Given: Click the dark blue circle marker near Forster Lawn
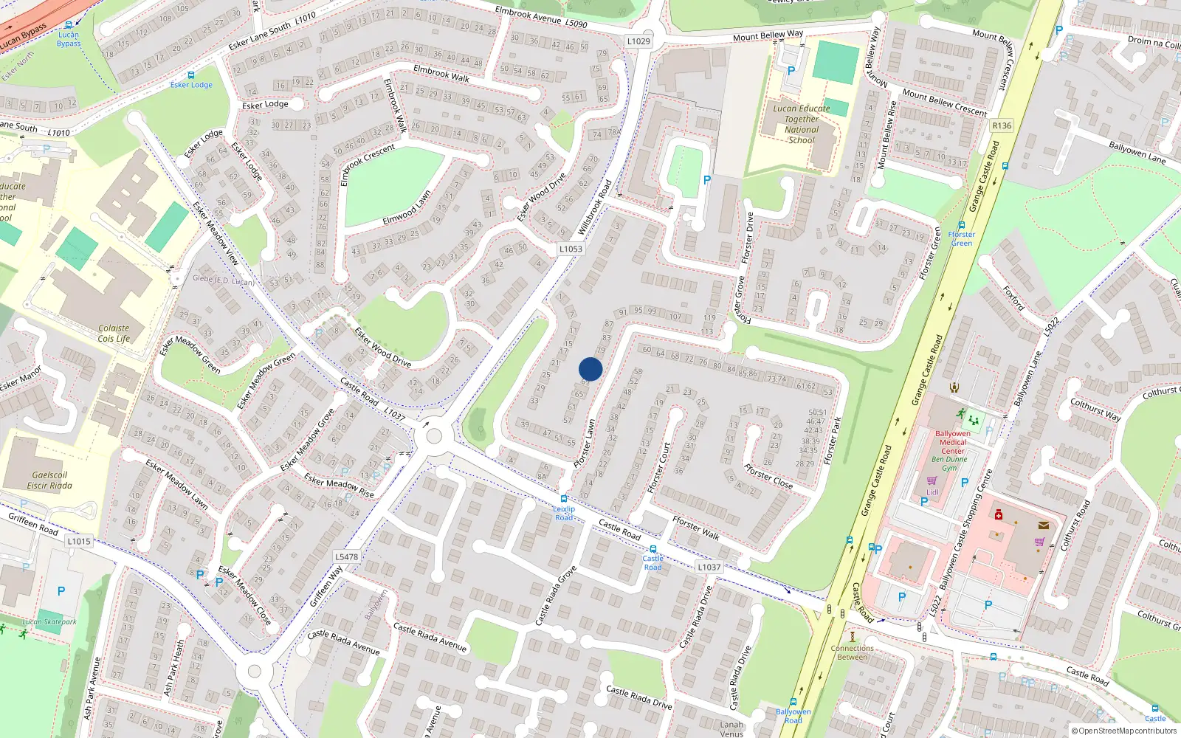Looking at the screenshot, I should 590,369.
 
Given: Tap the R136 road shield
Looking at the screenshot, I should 1002,125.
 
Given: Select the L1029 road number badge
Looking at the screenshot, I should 638,41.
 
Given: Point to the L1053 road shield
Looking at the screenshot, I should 571,249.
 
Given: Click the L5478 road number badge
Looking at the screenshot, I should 346,557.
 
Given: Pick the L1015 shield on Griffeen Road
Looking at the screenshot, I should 79,541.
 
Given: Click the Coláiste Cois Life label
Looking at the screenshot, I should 114,334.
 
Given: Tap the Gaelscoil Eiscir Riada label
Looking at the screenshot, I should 49,480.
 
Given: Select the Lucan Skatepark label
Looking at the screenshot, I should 49,621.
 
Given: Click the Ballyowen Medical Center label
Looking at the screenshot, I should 952,442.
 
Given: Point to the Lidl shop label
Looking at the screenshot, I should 932,492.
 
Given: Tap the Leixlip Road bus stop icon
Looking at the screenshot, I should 564,499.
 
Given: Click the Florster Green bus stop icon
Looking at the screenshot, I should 961,225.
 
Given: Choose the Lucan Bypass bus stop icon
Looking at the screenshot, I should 69,25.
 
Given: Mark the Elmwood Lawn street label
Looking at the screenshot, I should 407,209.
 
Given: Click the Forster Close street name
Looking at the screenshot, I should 768,476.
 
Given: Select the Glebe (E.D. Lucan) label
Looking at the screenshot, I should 223,280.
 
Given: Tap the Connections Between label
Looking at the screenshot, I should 853,652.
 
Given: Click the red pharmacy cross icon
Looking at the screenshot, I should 998,514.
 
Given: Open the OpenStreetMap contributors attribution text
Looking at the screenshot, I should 1123,731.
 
